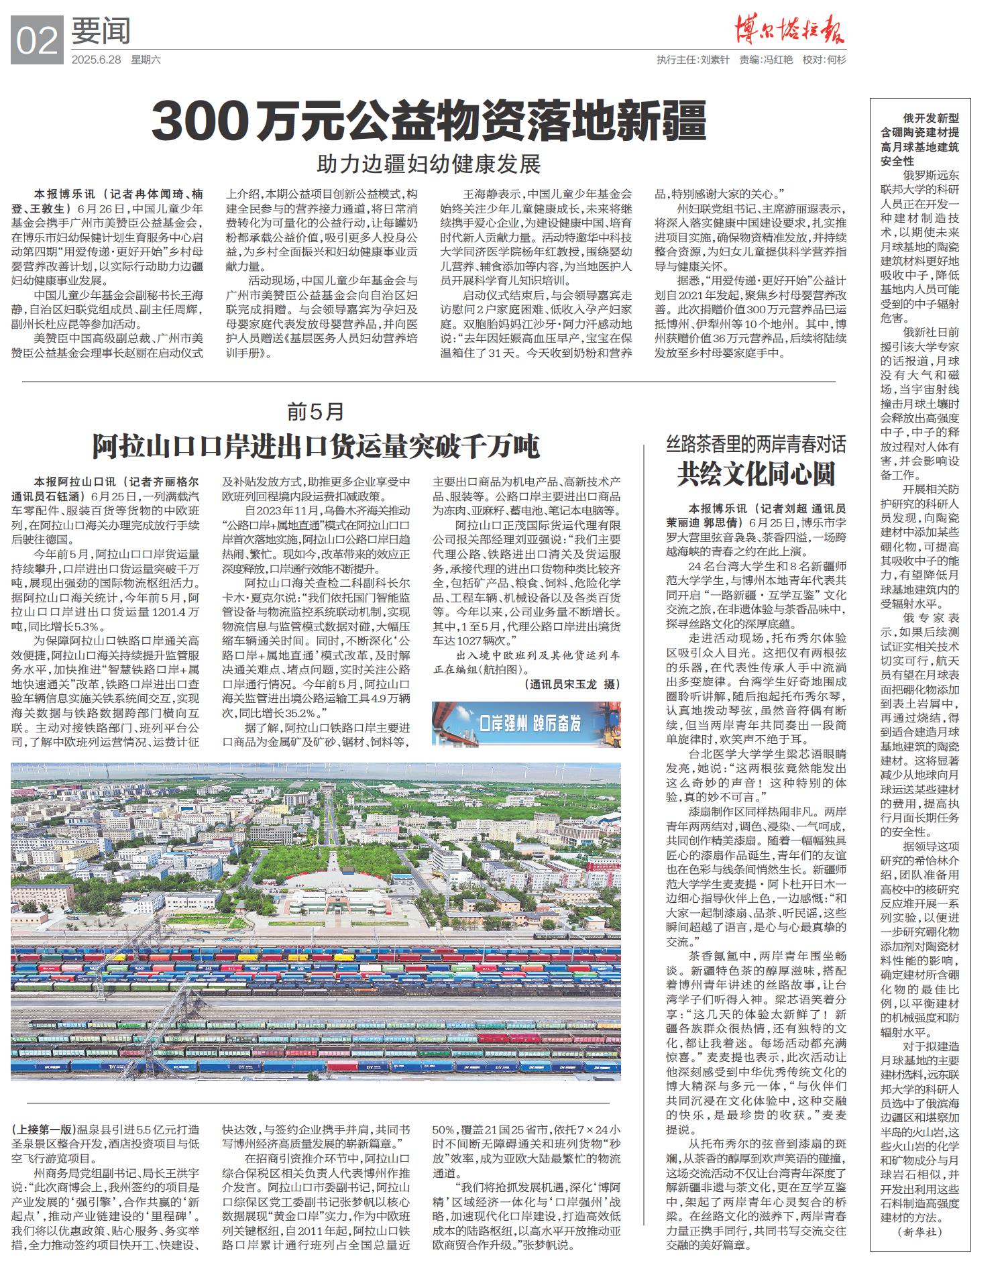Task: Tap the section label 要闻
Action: click(101, 32)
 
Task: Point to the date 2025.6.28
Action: click(96, 60)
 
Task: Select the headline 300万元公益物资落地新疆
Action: click(429, 121)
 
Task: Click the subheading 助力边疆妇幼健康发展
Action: click(429, 164)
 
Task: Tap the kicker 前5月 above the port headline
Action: click(315, 410)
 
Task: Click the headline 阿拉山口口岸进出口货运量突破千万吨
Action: click(315, 446)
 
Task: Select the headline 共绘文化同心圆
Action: click(756, 474)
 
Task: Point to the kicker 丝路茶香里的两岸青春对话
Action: click(756, 443)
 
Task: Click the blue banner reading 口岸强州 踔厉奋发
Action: click(526, 724)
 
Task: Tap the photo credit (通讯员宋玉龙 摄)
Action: click(571, 684)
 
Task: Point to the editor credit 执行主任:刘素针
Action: click(693, 60)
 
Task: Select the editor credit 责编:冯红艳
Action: click(766, 60)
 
